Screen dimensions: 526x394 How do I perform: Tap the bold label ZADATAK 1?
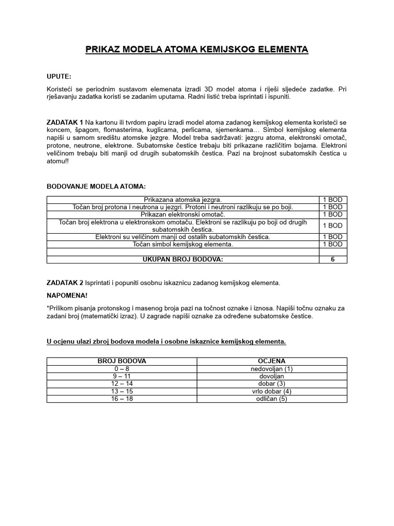pyautogui.click(x=65, y=122)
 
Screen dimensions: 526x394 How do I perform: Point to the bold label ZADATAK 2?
pyautogui.click(x=65, y=283)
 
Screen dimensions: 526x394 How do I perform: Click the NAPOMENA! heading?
pyautogui.click(x=67, y=296)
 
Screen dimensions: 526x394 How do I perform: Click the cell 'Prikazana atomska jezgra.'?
pyautogui.click(x=183, y=199)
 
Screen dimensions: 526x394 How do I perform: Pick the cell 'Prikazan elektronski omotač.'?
pyautogui.click(x=183, y=214)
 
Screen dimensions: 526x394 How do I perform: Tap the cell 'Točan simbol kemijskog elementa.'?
pyautogui.click(x=183, y=245)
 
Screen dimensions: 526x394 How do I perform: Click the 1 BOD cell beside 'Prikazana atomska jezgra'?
pyautogui.click(x=332, y=199)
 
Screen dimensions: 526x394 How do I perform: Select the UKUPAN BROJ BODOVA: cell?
pyautogui.click(x=183, y=259)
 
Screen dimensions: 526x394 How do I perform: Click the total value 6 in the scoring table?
pyautogui.click(x=332, y=259)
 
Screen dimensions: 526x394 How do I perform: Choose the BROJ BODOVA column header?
pyautogui.click(x=122, y=361)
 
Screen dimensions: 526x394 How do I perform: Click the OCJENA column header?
pyautogui.click(x=272, y=361)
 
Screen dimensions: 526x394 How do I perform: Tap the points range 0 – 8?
pyautogui.click(x=122, y=369)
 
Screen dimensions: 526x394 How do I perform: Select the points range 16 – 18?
pyautogui.click(x=122, y=399)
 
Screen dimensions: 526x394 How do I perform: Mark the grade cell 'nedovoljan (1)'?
pyautogui.click(x=272, y=369)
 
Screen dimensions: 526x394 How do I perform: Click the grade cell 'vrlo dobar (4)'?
pyautogui.click(x=272, y=391)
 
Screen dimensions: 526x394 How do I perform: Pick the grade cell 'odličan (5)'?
pyautogui.click(x=272, y=399)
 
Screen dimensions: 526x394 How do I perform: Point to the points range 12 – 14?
pyautogui.click(x=122, y=384)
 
